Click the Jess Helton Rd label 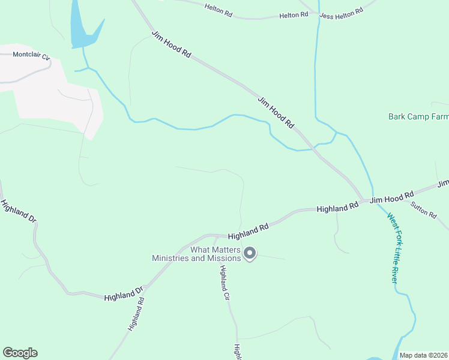tap(342, 11)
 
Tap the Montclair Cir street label tap(31, 56)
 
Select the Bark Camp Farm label tap(418, 117)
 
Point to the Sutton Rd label tap(424, 210)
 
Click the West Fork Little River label tap(393, 248)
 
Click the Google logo tap(20, 353)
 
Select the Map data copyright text tap(424, 355)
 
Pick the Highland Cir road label tap(224, 283)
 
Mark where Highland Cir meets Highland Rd tap(217, 236)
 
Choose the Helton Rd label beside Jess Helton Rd tap(294, 14)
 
